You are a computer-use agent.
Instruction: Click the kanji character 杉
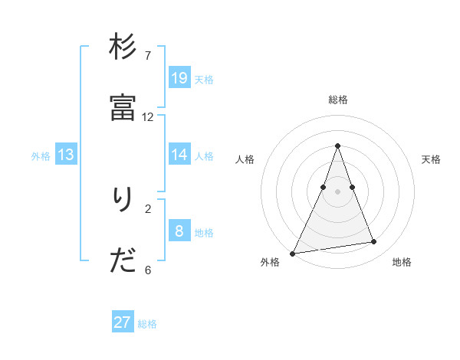click(x=123, y=47)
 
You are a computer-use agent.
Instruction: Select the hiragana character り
click(x=122, y=201)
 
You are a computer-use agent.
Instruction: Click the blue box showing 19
click(x=179, y=77)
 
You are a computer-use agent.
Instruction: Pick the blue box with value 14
click(x=179, y=154)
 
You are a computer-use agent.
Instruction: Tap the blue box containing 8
click(x=179, y=231)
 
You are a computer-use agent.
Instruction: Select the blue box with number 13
click(x=66, y=155)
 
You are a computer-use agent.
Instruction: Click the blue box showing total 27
click(x=123, y=322)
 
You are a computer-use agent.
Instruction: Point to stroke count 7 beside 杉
click(x=148, y=56)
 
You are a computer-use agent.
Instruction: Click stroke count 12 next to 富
click(x=148, y=117)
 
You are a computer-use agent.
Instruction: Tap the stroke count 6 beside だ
click(x=148, y=270)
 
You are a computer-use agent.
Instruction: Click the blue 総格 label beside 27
click(x=147, y=324)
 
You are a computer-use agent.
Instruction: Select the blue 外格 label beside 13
click(x=41, y=156)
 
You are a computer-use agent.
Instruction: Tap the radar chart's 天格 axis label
click(x=432, y=159)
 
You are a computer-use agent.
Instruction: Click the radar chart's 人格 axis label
click(x=245, y=159)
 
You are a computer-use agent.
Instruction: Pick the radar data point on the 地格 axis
click(x=374, y=242)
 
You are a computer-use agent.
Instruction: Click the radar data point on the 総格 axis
click(x=337, y=145)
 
